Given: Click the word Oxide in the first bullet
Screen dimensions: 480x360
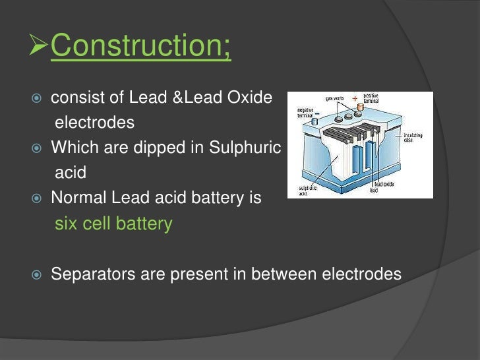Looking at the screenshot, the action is click(x=248, y=98).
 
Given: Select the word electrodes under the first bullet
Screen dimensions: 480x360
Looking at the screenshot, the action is click(x=94, y=123).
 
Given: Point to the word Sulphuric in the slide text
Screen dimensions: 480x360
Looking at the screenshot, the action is click(x=245, y=148).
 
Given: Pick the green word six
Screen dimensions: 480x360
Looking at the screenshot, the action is click(x=66, y=224).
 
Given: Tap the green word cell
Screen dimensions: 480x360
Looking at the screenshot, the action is click(x=98, y=224).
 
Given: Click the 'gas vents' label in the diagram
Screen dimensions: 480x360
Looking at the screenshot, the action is click(x=334, y=99).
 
